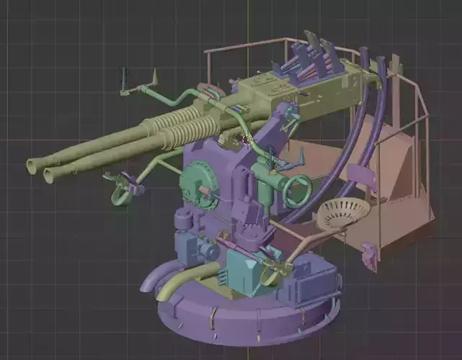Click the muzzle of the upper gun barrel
[x=32, y=166]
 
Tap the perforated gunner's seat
[x=343, y=212]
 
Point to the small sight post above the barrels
[x=124, y=79]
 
